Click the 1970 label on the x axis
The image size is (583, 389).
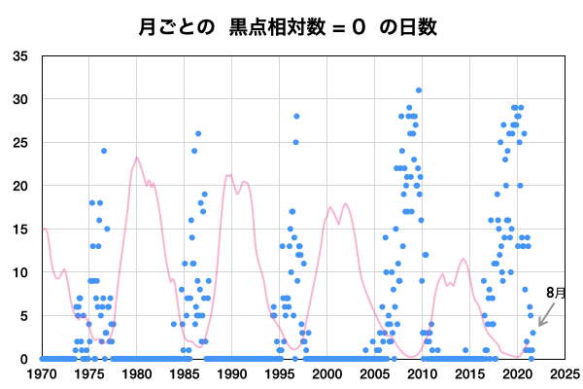[x=42, y=372]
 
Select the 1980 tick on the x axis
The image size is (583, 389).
[x=137, y=372]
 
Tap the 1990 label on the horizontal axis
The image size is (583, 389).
[x=232, y=372]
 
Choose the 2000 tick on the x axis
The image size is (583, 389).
[x=327, y=372]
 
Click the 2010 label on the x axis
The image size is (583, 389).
[x=423, y=372]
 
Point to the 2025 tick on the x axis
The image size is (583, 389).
[x=566, y=372]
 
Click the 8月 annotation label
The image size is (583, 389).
[x=556, y=292]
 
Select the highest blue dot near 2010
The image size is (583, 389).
[x=419, y=90]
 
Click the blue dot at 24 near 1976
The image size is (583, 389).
[x=104, y=151]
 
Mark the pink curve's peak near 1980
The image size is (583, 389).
[x=137, y=158]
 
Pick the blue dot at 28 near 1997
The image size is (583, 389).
[x=296, y=117]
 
